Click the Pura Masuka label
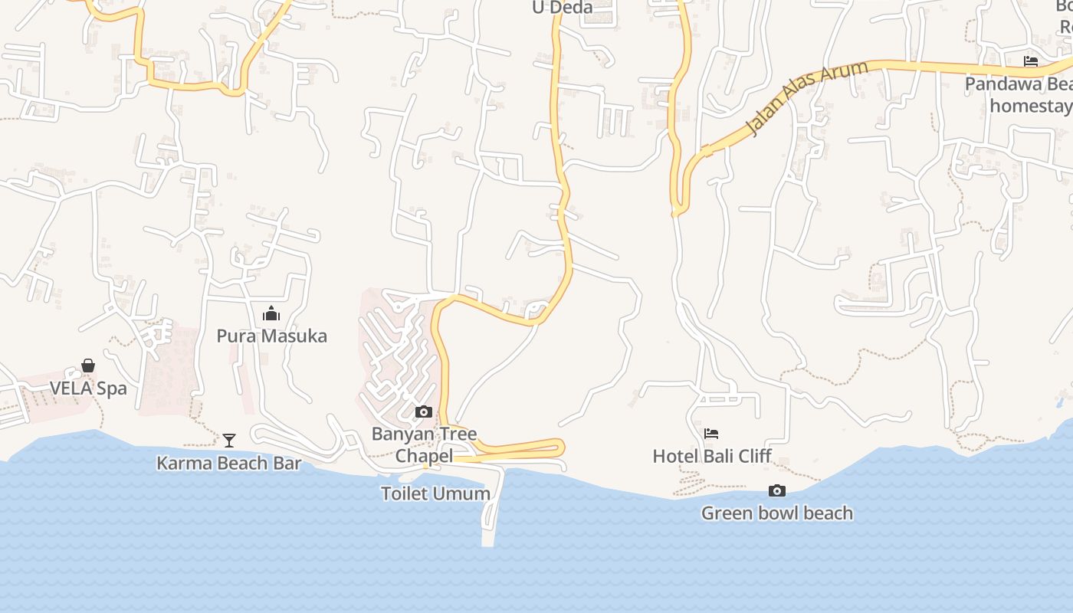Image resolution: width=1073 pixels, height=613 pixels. [x=271, y=336]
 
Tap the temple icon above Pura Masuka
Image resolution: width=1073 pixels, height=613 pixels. [x=271, y=314]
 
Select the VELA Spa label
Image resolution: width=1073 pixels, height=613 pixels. [x=88, y=388]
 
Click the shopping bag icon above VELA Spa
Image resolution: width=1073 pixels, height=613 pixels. [x=88, y=366]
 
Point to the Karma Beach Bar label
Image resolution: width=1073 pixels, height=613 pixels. [x=228, y=463]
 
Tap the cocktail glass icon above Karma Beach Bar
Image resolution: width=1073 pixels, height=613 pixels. [x=228, y=440]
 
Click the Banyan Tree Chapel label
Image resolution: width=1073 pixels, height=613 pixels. [x=424, y=444]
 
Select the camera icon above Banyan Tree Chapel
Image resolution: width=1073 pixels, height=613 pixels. [x=423, y=412]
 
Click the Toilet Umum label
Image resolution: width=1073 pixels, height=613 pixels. [x=435, y=493]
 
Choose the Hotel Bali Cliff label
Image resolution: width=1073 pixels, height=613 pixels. [x=711, y=456]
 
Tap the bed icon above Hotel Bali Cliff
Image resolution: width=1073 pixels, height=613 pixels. [x=711, y=434]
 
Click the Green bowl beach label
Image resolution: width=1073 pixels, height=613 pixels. [x=776, y=513]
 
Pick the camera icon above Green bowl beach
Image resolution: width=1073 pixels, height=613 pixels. [x=776, y=490]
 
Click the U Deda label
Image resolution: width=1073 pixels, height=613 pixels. [x=563, y=8]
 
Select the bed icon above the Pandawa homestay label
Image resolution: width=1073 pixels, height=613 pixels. [x=1031, y=61]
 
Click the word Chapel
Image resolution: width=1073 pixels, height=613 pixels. [x=424, y=456]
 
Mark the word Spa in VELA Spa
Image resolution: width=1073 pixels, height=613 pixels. [x=112, y=388]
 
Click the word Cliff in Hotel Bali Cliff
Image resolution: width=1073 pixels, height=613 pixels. [x=754, y=456]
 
